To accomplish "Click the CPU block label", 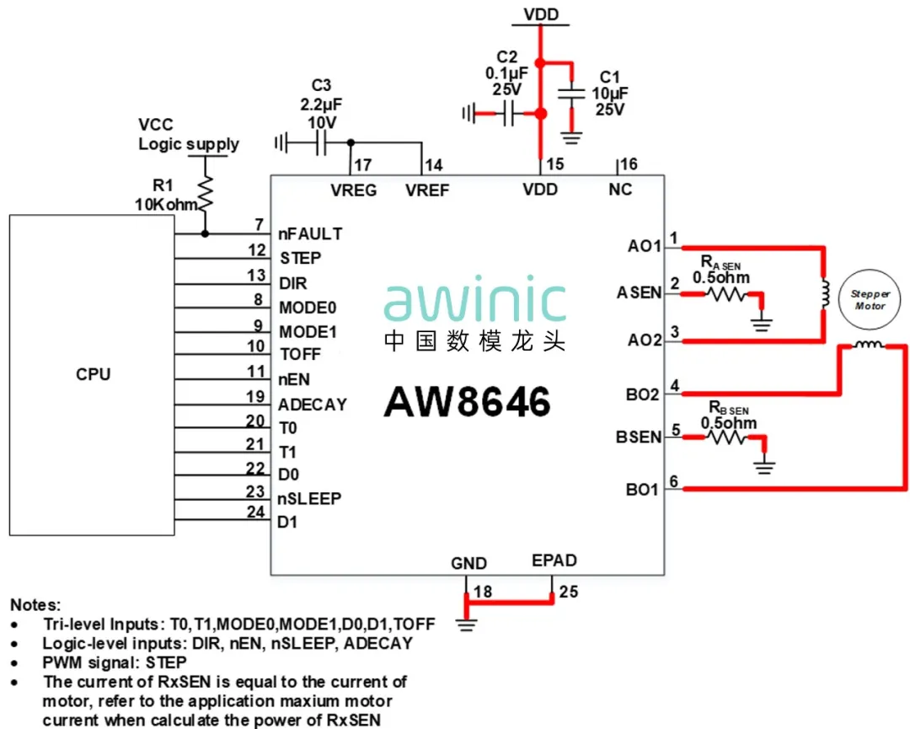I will pyautogui.click(x=93, y=374).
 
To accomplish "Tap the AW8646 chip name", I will pyautogui.click(x=468, y=401).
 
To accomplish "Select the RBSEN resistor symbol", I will pyautogui.click(x=725, y=437).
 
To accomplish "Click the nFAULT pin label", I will pyautogui.click(x=310, y=233).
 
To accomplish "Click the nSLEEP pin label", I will pyautogui.click(x=309, y=498).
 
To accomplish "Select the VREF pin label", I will pyautogui.click(x=427, y=190).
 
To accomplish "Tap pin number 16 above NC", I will pyautogui.click(x=629, y=164).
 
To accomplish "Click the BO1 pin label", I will pyautogui.click(x=642, y=490).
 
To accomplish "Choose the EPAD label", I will pyautogui.click(x=554, y=560).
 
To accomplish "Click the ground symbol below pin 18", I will pyautogui.click(x=465, y=624).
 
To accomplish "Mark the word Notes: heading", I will pyautogui.click(x=35, y=605).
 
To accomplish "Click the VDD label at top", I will pyautogui.click(x=541, y=14).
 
